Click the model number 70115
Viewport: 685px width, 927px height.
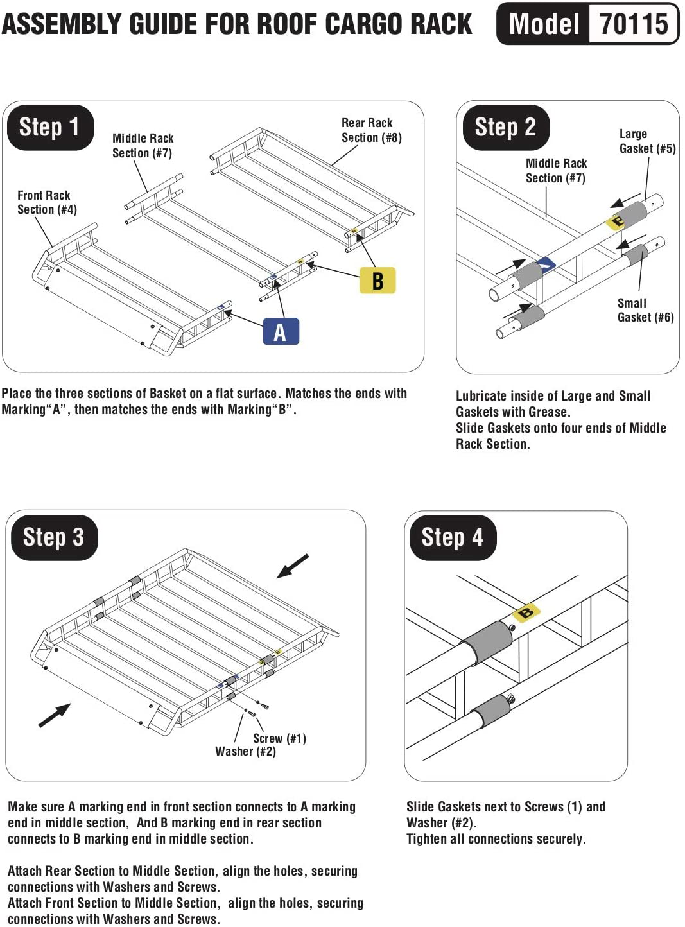tap(634, 24)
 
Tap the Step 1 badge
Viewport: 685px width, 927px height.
tap(49, 127)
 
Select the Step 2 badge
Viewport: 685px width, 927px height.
tap(505, 127)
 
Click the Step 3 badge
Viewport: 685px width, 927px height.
tap(53, 537)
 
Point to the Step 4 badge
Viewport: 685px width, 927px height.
tap(452, 537)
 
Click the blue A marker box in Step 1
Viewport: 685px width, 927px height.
tap(281, 332)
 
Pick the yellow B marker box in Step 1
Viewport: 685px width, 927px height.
tap(377, 281)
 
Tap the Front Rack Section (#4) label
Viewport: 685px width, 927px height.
tap(46, 202)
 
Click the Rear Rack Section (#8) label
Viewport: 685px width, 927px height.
tap(370, 130)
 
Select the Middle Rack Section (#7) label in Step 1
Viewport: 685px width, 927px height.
tap(143, 146)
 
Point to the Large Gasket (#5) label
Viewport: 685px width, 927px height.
tap(646, 141)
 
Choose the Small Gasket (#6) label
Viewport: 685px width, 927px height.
tap(645, 310)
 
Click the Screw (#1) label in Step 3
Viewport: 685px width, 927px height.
tap(279, 738)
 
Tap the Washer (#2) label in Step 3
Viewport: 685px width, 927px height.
tap(245, 751)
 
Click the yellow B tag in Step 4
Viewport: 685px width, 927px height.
tap(526, 612)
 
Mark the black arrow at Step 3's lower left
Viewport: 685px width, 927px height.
tap(55, 715)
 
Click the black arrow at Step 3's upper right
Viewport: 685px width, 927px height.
tap(293, 566)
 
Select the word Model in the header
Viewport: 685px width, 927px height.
tap(544, 24)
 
